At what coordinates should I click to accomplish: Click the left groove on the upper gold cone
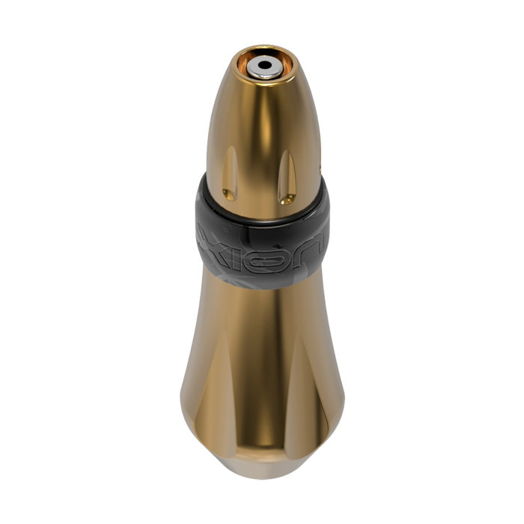tap(230, 172)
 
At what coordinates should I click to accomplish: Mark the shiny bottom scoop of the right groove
tap(284, 199)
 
